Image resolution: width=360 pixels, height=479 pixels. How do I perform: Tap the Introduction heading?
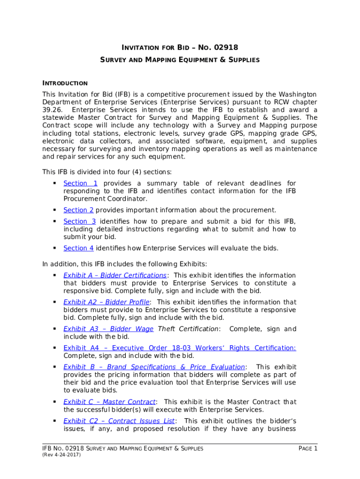click(65, 83)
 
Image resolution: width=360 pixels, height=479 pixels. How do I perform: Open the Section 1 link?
click(80, 183)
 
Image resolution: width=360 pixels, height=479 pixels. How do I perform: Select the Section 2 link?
click(79, 210)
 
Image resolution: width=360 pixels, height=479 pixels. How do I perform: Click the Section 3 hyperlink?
click(79, 221)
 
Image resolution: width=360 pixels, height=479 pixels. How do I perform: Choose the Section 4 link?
click(79, 248)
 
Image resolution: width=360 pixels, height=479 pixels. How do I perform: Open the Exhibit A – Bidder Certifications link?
click(115, 275)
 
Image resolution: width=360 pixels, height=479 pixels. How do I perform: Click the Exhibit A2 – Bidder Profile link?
click(107, 302)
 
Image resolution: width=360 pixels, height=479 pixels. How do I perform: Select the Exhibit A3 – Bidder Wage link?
click(108, 329)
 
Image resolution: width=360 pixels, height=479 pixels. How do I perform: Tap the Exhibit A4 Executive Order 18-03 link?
click(180, 348)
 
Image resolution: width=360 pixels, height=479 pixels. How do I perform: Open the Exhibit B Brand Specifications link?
click(154, 367)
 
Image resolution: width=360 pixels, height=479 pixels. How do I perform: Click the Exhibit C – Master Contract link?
click(109, 402)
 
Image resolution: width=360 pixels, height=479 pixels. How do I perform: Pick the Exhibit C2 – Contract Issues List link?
click(119, 421)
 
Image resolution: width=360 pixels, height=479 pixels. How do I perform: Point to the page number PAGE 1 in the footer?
click(308, 449)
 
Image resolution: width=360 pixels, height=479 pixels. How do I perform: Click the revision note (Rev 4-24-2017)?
click(62, 455)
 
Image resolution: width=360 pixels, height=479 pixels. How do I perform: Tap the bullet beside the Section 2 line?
click(54, 210)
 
